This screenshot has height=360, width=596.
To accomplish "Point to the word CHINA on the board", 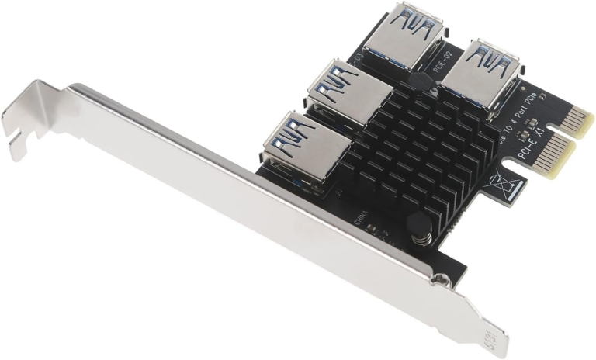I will pyautogui.click(x=362, y=218).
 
